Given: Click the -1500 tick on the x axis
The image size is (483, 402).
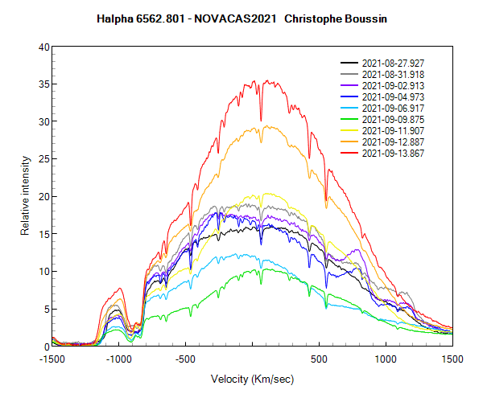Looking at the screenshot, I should point(52,359).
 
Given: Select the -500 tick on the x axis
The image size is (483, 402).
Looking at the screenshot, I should point(186,359).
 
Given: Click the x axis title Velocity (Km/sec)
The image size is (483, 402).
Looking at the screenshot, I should point(252,379).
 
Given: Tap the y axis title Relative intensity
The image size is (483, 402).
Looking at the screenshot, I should point(25,197).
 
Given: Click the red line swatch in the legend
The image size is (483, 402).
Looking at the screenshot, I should point(349,153).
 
